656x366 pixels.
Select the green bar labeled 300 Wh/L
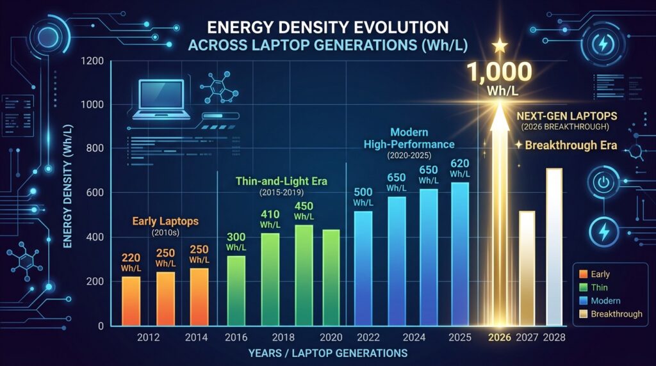[236, 290]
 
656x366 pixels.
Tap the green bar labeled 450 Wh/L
[303, 275]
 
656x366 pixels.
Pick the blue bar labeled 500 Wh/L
[363, 268]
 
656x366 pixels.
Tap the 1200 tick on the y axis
[92, 61]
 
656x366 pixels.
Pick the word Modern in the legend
[605, 301]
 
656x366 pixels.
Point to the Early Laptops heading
[165, 221]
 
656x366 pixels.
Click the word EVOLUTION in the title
[395, 28]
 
